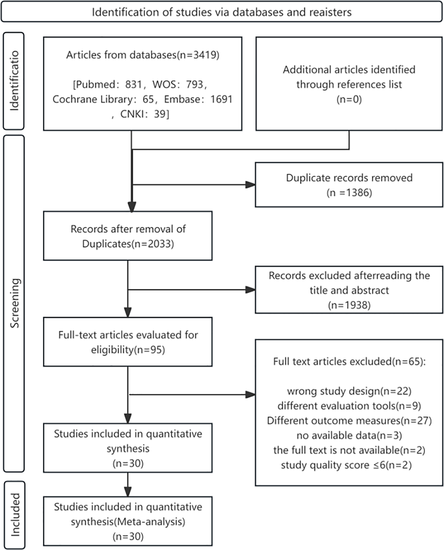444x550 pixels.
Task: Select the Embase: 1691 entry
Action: pos(198,99)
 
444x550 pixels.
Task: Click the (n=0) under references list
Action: pos(349,99)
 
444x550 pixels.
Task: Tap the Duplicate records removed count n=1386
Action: pos(349,193)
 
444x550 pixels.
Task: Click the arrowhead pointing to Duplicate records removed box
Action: pos(250,184)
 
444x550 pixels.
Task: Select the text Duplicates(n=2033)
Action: pos(128,244)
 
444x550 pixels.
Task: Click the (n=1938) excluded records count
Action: pos(349,305)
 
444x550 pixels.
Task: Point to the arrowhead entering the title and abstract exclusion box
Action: pos(250,290)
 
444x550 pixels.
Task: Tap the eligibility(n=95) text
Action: pos(128,350)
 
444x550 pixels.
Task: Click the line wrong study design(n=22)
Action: pos(349,391)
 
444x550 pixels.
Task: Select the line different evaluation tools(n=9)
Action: pos(349,406)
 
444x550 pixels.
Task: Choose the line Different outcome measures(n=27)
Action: pos(349,421)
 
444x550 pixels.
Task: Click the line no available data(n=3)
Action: pos(349,435)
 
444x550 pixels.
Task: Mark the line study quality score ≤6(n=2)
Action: pos(346,465)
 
